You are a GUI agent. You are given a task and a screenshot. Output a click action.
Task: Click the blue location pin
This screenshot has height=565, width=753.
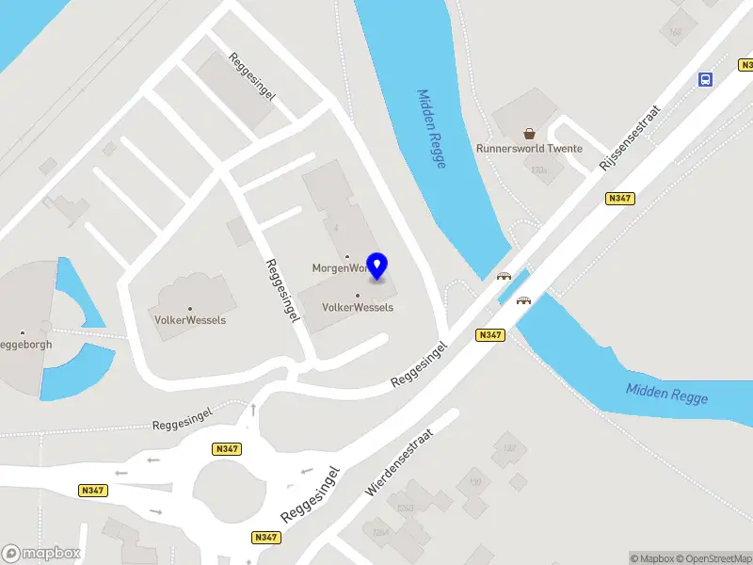click(377, 266)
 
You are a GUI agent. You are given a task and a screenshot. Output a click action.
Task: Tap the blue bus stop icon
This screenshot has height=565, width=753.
click(704, 79)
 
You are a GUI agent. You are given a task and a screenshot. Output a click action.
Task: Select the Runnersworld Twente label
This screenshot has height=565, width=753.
click(529, 149)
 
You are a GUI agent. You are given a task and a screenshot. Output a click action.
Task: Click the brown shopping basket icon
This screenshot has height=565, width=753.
click(529, 135)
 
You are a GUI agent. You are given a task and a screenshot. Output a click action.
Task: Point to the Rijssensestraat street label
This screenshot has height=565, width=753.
click(631, 137)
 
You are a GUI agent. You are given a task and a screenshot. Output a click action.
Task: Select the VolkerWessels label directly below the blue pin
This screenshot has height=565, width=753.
click(358, 307)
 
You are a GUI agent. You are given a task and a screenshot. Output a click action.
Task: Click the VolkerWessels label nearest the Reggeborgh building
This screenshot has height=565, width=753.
click(190, 319)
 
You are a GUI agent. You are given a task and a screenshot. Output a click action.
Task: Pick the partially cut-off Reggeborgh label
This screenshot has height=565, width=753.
click(25, 344)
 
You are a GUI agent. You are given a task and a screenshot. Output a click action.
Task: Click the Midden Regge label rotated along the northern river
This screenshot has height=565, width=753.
click(431, 129)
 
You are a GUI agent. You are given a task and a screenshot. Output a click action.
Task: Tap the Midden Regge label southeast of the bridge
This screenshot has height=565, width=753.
click(667, 394)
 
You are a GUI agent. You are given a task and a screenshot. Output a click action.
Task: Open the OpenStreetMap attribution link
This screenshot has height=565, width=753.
click(712, 558)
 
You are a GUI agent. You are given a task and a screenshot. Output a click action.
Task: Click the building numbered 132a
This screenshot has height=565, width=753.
click(539, 169)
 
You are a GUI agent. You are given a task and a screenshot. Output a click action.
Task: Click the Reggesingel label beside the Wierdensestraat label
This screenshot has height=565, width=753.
click(310, 494)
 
